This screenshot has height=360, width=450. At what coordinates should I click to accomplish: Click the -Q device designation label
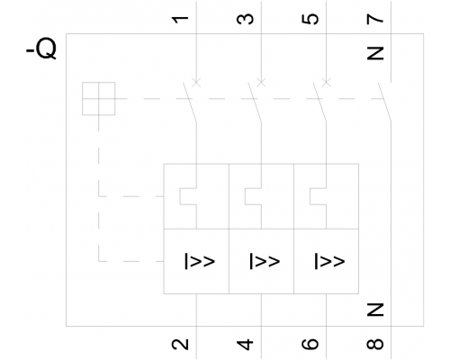(x=41, y=49)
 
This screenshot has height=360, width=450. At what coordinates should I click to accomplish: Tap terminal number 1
(x=180, y=20)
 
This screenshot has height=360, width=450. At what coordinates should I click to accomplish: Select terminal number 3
(x=245, y=19)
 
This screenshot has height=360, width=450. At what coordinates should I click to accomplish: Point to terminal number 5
(x=310, y=19)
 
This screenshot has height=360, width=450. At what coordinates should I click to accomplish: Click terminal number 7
(x=375, y=19)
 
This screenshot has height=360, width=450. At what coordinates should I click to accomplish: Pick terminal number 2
(x=180, y=344)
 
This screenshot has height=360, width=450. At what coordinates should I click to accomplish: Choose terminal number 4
(x=245, y=345)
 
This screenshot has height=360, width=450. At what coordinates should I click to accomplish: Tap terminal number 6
(x=310, y=344)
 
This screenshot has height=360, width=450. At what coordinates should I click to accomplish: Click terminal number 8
(x=375, y=344)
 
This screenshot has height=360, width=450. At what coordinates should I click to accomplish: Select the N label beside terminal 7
(x=375, y=53)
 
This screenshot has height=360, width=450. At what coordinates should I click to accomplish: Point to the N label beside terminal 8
(x=375, y=310)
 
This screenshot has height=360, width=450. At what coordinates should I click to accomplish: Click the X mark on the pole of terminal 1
(x=196, y=82)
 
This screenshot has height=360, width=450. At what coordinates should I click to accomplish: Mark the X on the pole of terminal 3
(x=261, y=82)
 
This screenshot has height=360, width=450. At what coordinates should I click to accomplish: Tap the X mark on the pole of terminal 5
(x=326, y=82)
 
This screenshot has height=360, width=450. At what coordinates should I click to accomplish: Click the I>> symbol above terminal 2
(x=200, y=261)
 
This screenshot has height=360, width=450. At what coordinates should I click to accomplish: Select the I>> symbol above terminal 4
(x=265, y=261)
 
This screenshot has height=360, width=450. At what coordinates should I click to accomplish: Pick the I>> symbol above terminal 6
(x=329, y=261)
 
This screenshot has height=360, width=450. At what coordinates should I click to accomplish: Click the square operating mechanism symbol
(x=99, y=99)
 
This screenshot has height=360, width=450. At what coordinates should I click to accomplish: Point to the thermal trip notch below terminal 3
(x=245, y=196)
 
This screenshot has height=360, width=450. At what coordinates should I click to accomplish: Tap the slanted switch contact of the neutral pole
(x=384, y=102)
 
